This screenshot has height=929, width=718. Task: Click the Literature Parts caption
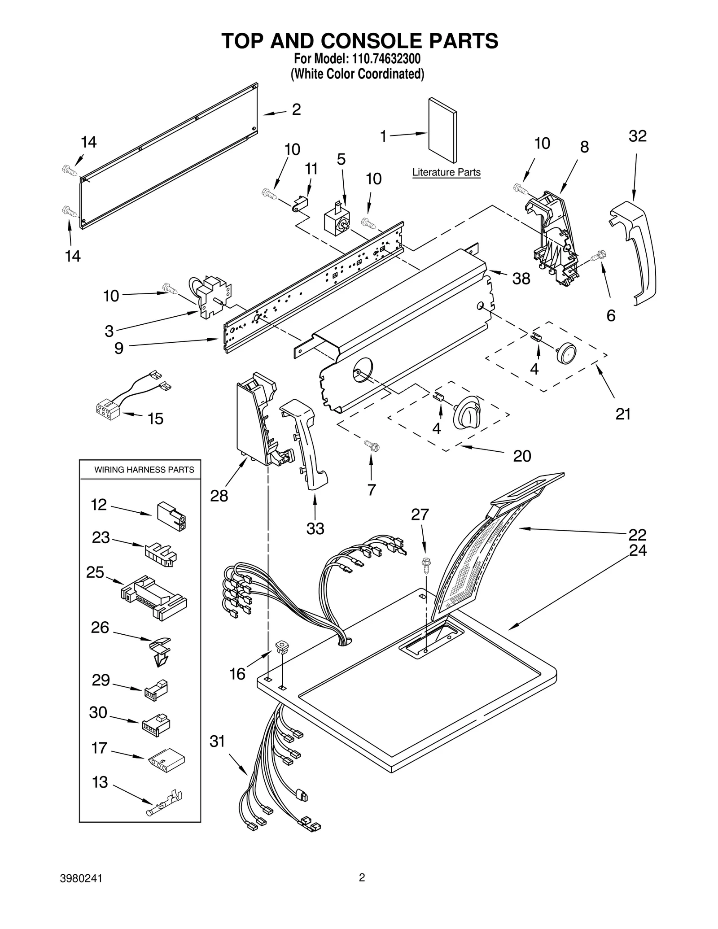[x=446, y=172]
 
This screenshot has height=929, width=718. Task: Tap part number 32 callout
[x=637, y=136]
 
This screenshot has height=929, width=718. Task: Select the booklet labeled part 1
[x=442, y=130]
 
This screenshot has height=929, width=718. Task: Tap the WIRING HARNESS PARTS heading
[x=144, y=470]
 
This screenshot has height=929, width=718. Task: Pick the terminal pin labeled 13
[x=165, y=808]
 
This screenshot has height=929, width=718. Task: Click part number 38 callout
[x=521, y=279]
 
